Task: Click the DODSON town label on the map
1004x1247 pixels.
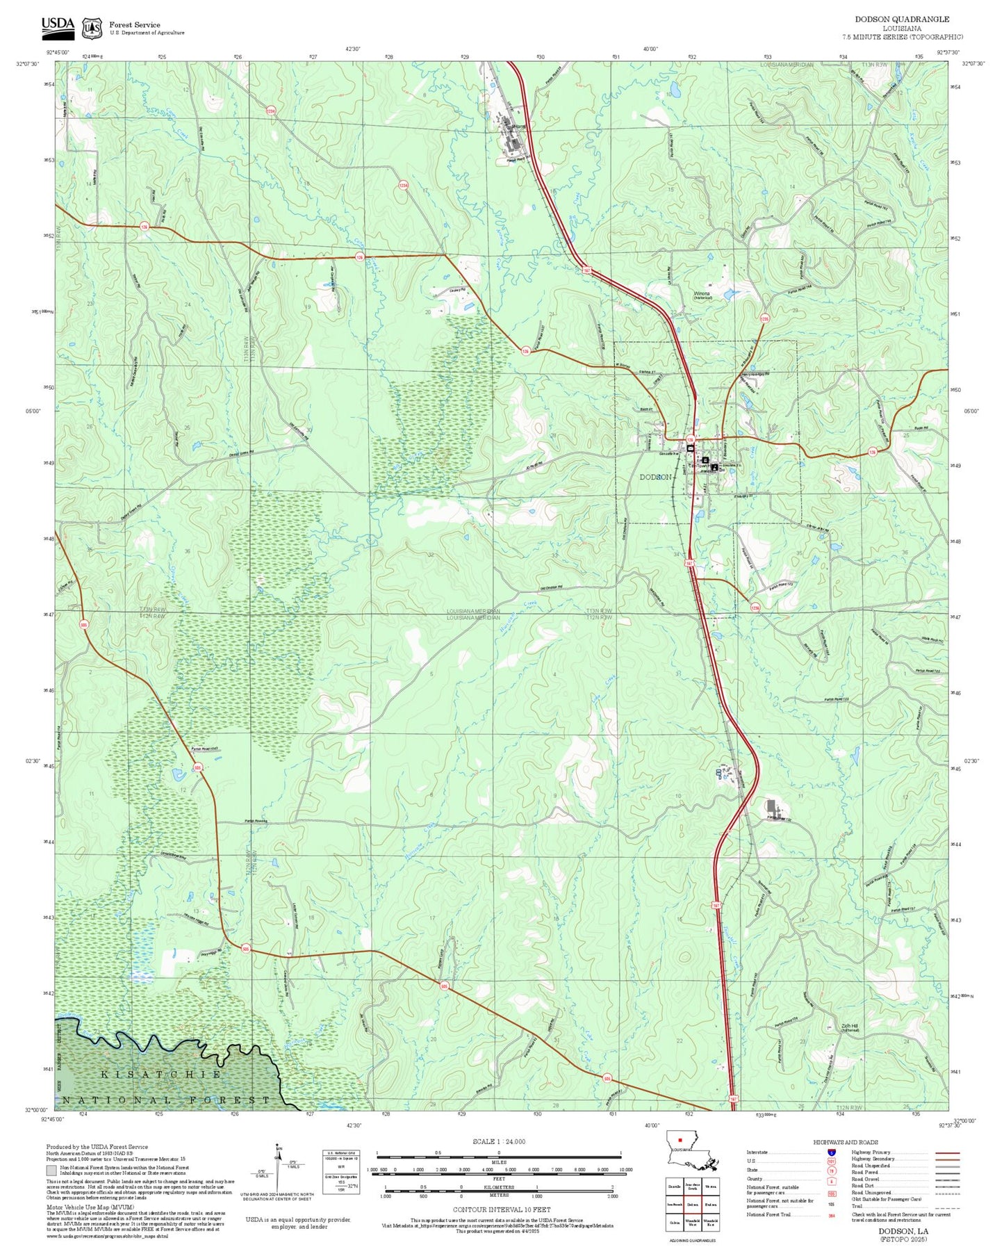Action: [655, 477]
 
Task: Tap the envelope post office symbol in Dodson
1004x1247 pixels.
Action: [690, 449]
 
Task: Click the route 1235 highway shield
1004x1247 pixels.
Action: [765, 319]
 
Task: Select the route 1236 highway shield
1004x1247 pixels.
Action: [755, 608]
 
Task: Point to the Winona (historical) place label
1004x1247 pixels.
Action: [702, 295]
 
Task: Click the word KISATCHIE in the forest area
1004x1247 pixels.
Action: [161, 1074]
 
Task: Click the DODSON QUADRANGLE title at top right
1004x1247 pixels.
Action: [902, 19]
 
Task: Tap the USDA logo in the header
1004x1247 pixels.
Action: [58, 26]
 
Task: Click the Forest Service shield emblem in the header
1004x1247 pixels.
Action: [92, 28]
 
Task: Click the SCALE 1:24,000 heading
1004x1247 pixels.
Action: [499, 1141]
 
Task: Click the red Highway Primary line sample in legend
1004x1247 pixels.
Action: [947, 1152]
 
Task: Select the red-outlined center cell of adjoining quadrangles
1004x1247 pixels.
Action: [692, 1205]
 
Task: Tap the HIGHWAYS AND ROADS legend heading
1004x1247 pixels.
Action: [845, 1142]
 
